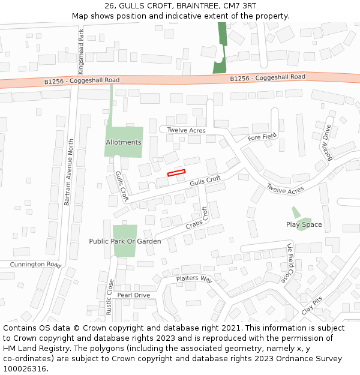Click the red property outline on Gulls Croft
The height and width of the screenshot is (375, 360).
[x=176, y=173]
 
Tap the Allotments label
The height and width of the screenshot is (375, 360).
[x=124, y=142]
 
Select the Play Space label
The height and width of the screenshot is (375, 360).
[x=304, y=224]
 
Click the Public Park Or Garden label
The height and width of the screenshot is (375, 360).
[x=125, y=241]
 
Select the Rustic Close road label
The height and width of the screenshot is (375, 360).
[x=110, y=297]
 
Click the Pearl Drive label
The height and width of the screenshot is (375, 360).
[x=133, y=295]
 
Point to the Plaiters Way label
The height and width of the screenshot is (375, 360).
[x=194, y=279]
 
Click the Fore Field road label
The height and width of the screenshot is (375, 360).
[x=263, y=137]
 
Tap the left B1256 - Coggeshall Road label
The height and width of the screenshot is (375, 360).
[x=82, y=80]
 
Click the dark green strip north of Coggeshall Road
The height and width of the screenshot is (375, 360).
[x=221, y=48]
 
